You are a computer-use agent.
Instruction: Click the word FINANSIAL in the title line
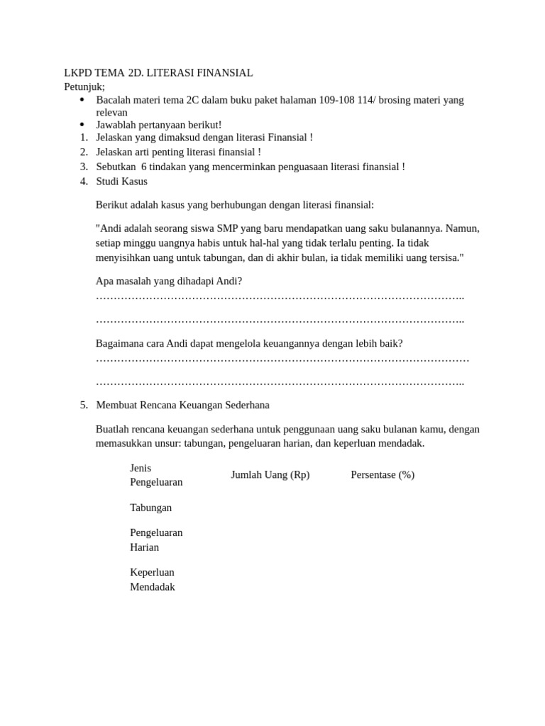(x=225, y=73)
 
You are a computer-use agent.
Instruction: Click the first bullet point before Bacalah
(x=82, y=100)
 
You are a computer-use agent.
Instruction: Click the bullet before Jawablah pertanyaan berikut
(x=82, y=125)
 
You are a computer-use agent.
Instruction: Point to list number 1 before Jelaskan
(x=84, y=138)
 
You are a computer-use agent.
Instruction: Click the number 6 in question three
(x=144, y=167)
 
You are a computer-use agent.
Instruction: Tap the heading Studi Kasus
(x=121, y=181)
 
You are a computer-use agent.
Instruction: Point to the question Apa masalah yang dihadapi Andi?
(x=169, y=281)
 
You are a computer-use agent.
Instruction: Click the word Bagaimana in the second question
(x=119, y=343)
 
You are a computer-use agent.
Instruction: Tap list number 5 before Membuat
(x=84, y=405)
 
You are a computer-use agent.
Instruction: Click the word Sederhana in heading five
(x=245, y=405)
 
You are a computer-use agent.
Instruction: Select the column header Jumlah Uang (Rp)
(x=270, y=475)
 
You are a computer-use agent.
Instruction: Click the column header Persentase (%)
(x=382, y=475)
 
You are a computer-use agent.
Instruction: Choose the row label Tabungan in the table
(x=150, y=508)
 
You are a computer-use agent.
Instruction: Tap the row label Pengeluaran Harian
(x=156, y=540)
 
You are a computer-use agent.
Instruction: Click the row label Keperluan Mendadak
(x=152, y=579)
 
